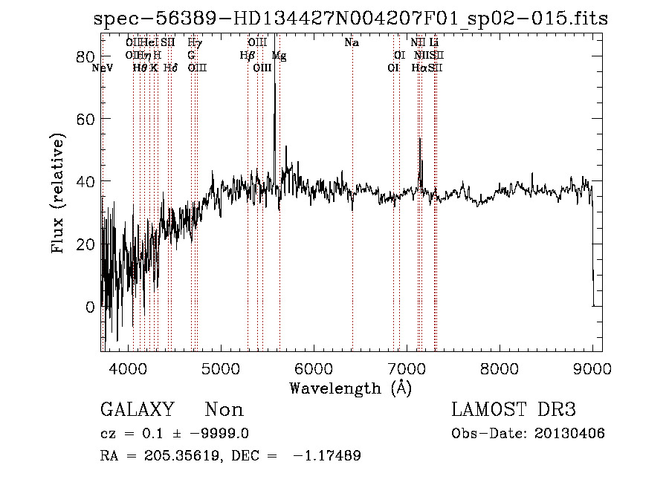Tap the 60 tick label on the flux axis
click(87, 120)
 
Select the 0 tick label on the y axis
click(91, 307)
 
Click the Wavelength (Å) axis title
click(350, 388)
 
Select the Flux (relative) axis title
click(59, 193)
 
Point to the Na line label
click(352, 43)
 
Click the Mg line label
click(278, 56)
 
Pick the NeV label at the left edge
click(103, 68)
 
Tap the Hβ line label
click(247, 56)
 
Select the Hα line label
click(418, 68)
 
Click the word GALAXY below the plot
click(137, 410)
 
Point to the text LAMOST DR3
click(514, 410)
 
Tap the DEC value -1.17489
click(328, 456)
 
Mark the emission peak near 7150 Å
click(420, 139)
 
